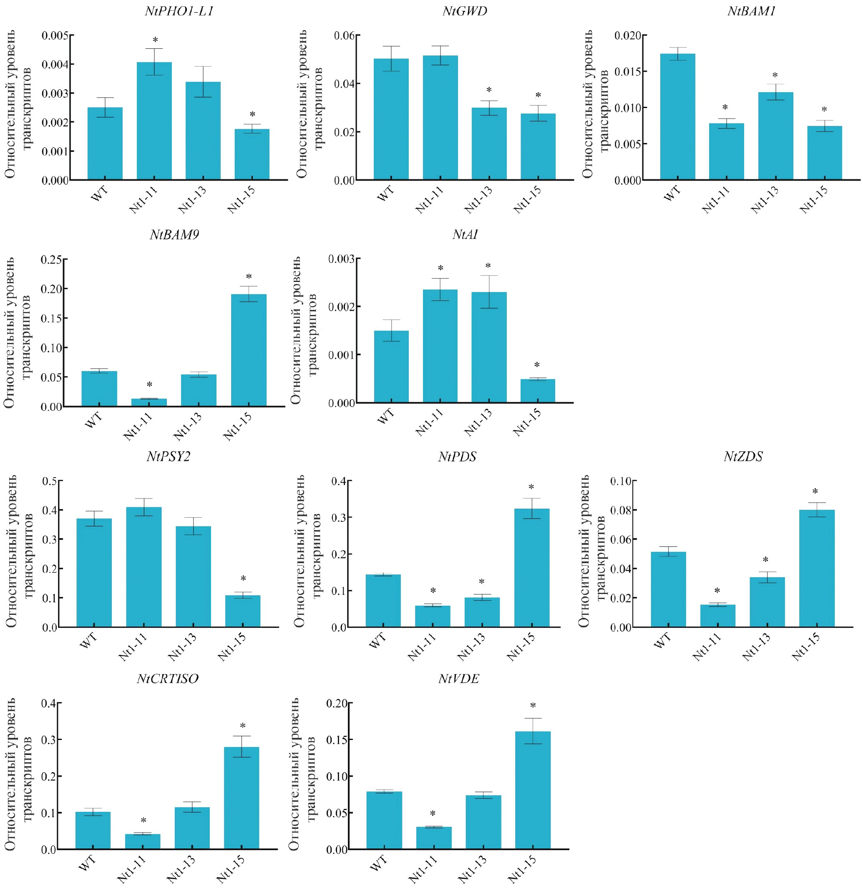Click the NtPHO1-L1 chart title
point(179,11)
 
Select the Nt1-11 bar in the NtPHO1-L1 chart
point(154,121)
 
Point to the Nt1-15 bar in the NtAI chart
point(538,391)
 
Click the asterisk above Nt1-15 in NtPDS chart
point(531,487)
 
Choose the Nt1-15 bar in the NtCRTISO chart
point(242,798)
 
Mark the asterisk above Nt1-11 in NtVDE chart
point(433,814)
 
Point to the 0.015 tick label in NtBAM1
point(628,72)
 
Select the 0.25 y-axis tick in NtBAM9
point(51,259)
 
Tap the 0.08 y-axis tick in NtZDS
point(621,510)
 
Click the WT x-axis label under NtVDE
point(379,863)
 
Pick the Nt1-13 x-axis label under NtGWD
point(478,200)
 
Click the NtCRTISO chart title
point(168,679)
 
